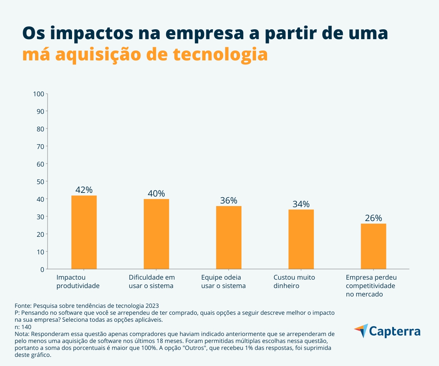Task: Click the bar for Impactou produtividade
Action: [x=84, y=232]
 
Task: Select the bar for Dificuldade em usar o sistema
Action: [x=156, y=234]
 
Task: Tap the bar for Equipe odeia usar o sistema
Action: [x=229, y=238]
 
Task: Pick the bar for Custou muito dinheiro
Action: [x=301, y=239]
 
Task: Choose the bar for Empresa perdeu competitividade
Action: [x=374, y=246]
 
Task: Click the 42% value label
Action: [x=84, y=190]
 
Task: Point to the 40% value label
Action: [x=156, y=193]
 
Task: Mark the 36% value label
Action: [x=229, y=201]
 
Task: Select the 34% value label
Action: [x=301, y=204]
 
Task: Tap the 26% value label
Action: [x=374, y=218]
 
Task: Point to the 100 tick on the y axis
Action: [x=38, y=94]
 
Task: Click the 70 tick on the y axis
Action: [x=40, y=146]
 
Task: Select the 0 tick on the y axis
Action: [x=42, y=269]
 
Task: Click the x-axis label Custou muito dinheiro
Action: [x=294, y=281]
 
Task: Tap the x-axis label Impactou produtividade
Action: [x=78, y=281]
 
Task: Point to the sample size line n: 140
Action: [x=23, y=327]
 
